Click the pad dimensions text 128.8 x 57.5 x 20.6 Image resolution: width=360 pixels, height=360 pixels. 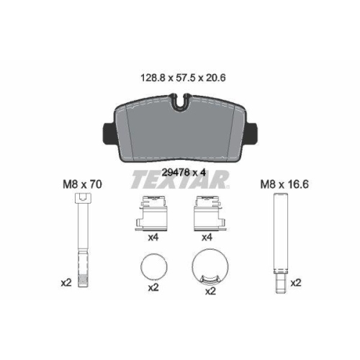(183, 78)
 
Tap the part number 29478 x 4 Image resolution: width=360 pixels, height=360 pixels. (184, 172)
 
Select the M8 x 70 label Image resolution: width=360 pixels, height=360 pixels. (82, 184)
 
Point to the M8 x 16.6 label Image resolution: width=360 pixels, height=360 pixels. (284, 184)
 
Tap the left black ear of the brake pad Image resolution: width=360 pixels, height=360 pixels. (109, 132)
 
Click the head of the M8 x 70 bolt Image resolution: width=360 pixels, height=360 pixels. (84, 199)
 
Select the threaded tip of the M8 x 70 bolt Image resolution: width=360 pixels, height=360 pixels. (84, 282)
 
